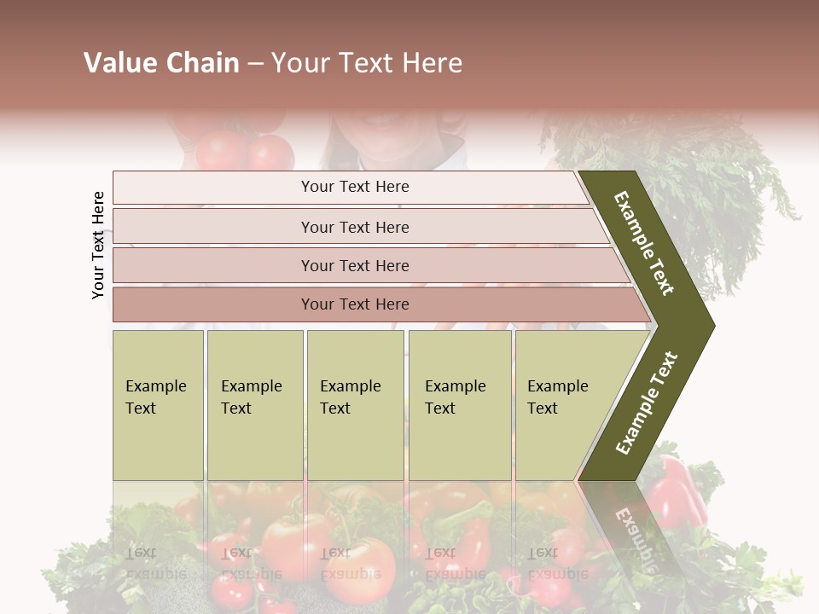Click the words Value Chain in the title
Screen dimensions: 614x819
(x=161, y=63)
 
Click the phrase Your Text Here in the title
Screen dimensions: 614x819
(x=367, y=63)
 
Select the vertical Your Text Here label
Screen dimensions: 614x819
(x=98, y=245)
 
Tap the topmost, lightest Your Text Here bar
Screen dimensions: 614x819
(x=354, y=187)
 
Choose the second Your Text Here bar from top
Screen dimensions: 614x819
(x=354, y=227)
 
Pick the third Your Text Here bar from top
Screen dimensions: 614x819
(x=354, y=265)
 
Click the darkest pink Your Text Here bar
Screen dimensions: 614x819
(x=354, y=304)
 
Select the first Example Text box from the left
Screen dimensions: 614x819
(x=158, y=404)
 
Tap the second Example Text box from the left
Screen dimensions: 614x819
(x=254, y=404)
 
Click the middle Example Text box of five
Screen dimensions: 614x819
(x=354, y=404)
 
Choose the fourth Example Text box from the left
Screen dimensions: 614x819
(x=459, y=404)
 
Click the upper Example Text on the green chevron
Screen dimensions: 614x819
(x=644, y=244)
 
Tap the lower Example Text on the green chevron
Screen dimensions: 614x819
(x=646, y=403)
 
